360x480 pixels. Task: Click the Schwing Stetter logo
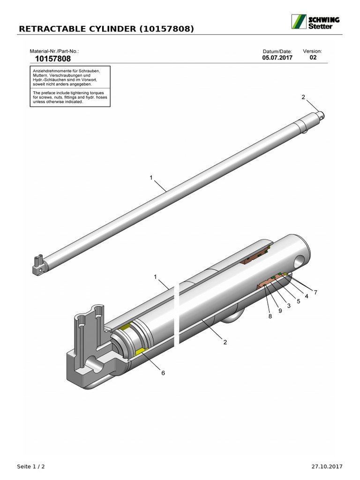pos(316,22)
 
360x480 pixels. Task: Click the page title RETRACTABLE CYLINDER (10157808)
pos(105,29)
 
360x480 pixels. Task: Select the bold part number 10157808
pos(53,59)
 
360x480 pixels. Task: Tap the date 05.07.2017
pos(277,58)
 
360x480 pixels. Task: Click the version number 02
pos(313,58)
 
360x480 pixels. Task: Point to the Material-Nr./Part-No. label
pos(54,51)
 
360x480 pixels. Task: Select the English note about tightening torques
pos(70,97)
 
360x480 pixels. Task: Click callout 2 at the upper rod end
pos(303,97)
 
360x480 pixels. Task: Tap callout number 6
pos(163,373)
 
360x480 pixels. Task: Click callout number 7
pos(315,292)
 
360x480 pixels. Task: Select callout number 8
pos(270,316)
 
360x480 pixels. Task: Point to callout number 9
pos(280,311)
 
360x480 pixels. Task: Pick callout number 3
pos(289,306)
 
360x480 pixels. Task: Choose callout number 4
pos(307,296)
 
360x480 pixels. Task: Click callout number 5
pos(298,301)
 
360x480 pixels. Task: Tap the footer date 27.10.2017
pos(327,466)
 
